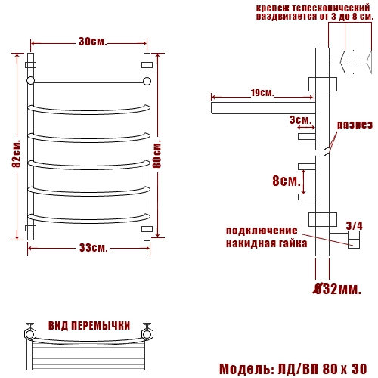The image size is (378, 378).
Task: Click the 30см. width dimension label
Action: tap(93, 42)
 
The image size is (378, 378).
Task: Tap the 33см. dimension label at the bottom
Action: tap(94, 248)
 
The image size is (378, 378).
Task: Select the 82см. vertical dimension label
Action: tap(16, 153)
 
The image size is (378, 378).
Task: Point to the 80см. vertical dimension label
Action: tap(156, 154)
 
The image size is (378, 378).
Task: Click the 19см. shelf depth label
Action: tap(262, 93)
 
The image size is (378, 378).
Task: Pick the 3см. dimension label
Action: tap(301, 120)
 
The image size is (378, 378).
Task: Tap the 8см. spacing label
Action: tap(287, 181)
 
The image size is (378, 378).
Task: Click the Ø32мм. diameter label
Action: tap(337, 289)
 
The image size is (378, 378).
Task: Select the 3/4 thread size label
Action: tap(355, 225)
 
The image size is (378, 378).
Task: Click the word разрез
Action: tap(355, 125)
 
